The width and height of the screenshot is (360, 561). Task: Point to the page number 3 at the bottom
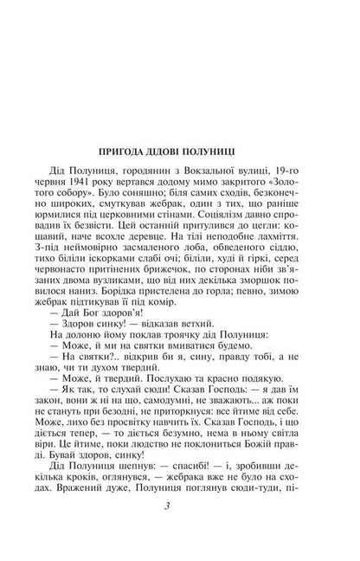(180, 535)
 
